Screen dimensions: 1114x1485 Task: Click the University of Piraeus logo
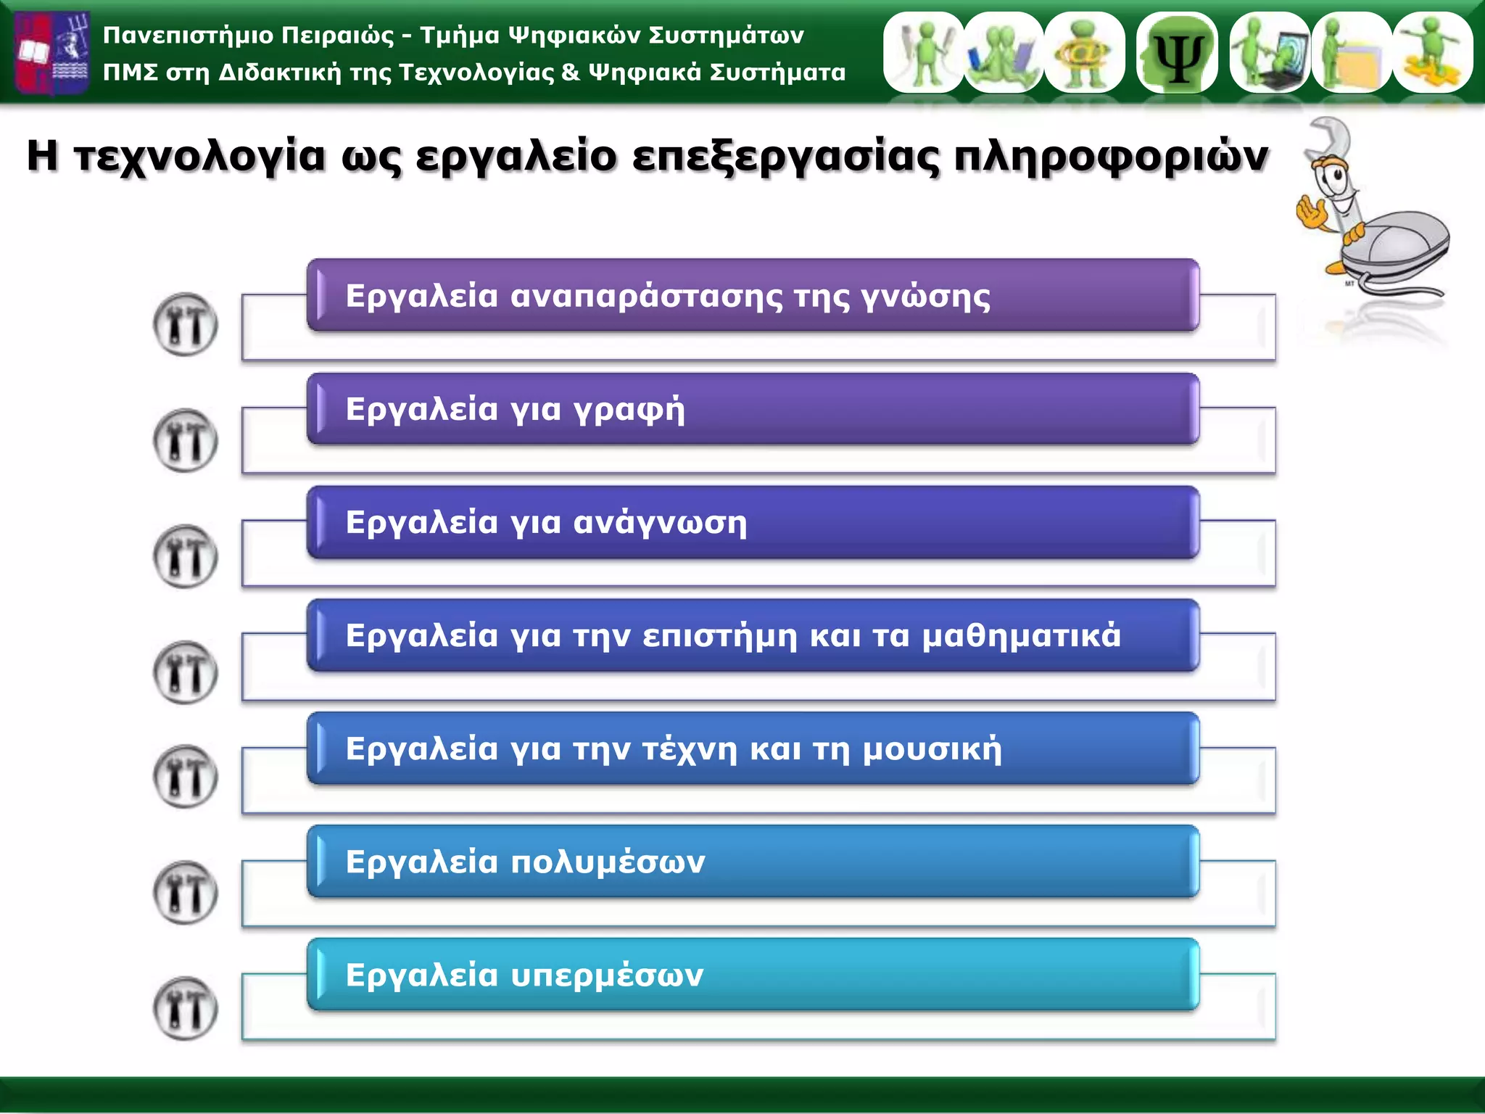click(52, 52)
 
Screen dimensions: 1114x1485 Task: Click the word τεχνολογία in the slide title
click(200, 156)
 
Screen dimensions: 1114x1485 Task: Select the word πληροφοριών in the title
click(1111, 157)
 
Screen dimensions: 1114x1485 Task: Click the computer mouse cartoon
click(1396, 247)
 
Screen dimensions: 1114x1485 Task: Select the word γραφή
click(629, 410)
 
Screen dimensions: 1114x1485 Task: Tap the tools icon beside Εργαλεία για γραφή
click(186, 440)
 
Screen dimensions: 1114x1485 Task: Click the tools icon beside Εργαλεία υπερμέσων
click(186, 1008)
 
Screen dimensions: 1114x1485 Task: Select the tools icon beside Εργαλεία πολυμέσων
click(186, 892)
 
